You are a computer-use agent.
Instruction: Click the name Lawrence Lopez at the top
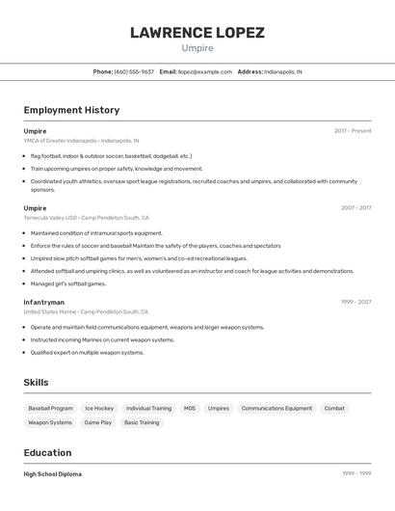tap(197, 32)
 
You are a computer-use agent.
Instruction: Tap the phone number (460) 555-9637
tap(134, 71)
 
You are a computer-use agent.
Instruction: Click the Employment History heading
tap(71, 110)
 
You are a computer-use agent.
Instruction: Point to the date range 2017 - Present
tap(353, 131)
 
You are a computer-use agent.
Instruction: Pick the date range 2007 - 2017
tap(355, 207)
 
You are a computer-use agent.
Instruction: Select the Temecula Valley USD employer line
tap(86, 217)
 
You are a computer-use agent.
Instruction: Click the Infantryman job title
tap(44, 302)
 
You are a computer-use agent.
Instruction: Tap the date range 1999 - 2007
tap(355, 302)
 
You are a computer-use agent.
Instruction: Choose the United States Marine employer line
tap(86, 311)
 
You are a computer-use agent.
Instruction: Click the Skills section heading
tap(36, 383)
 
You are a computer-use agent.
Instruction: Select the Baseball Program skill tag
tap(50, 408)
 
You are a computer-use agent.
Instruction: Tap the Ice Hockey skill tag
tap(99, 408)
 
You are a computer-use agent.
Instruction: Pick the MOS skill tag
tap(190, 408)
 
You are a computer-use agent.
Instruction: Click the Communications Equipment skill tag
tap(276, 408)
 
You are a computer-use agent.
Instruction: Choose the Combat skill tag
tap(334, 408)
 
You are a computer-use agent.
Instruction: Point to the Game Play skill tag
tap(98, 422)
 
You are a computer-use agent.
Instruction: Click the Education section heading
tap(47, 453)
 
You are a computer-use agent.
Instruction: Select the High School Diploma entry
tap(53, 474)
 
